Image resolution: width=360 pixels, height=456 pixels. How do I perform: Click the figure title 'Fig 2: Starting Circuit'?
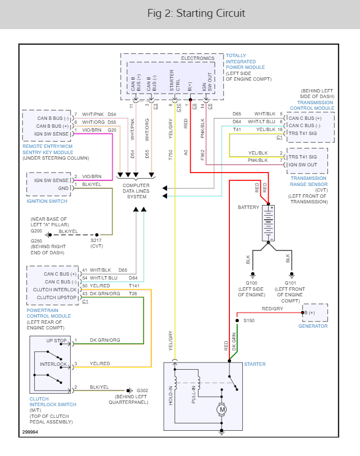(x=196, y=13)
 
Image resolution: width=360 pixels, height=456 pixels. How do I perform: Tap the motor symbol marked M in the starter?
(x=222, y=410)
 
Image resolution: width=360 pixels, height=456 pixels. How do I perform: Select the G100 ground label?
(x=252, y=282)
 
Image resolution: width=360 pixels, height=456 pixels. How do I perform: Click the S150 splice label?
(x=249, y=321)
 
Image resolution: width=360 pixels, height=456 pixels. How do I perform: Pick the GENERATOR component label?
(x=313, y=326)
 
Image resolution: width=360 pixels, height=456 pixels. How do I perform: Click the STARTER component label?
(x=255, y=364)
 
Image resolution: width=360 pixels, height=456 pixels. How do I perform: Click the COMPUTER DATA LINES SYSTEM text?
(x=136, y=191)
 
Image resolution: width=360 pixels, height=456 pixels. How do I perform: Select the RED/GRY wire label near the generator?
(x=272, y=309)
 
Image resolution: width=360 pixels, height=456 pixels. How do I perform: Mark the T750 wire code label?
(x=170, y=155)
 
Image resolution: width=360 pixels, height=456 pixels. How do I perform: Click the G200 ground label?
(x=36, y=230)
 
